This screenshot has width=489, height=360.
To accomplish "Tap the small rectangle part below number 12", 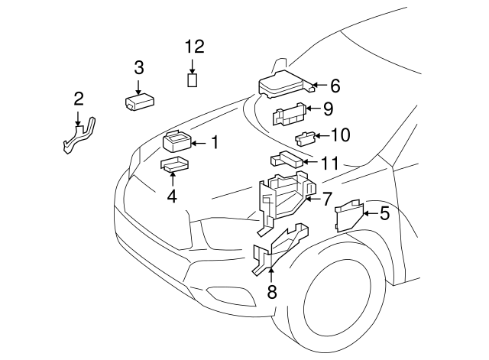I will coord(193,79).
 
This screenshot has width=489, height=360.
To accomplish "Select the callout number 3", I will coord(139,67).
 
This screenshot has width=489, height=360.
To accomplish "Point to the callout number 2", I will coord(78,98).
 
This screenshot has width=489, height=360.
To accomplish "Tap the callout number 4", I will coord(172,196).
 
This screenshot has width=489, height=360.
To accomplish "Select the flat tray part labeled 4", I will coord(174,164).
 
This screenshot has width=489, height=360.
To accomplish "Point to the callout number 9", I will coord(327,109).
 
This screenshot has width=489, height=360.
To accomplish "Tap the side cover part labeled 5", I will coord(348,215).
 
